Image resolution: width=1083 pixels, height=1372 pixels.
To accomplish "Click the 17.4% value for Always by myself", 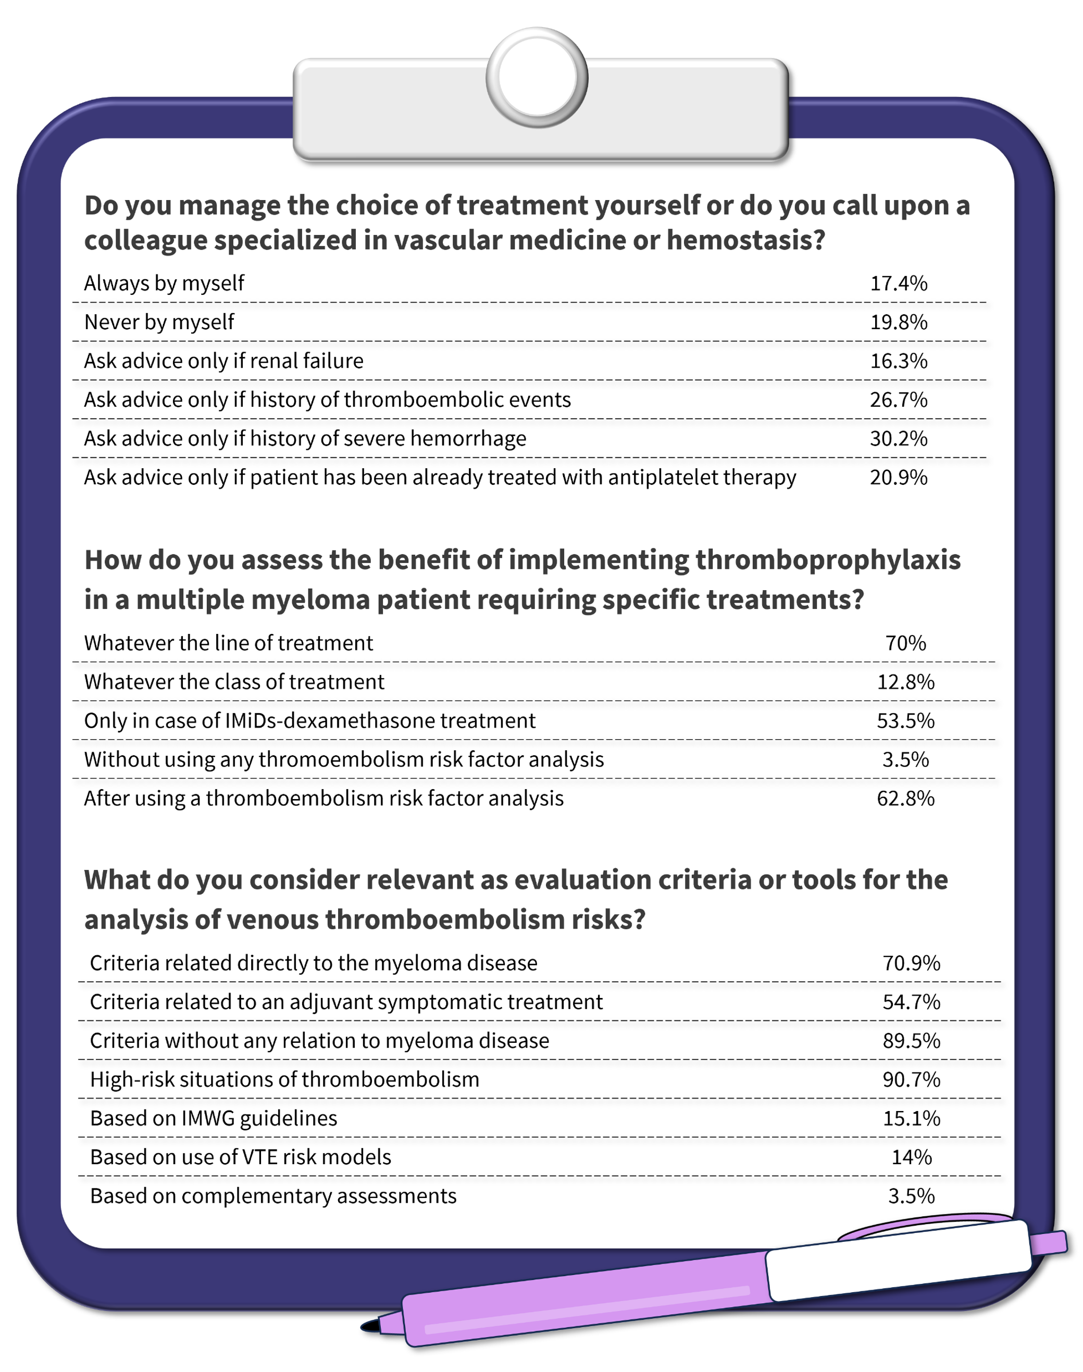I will [898, 283].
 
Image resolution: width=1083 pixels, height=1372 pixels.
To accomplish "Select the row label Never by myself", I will [159, 322].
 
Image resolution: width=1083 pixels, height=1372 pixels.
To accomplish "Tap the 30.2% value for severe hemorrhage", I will [898, 439].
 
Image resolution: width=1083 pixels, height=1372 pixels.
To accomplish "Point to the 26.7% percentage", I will [898, 400].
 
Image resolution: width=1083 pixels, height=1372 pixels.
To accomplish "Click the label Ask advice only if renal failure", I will [224, 361].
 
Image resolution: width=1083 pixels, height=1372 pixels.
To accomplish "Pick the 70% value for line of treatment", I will [905, 643].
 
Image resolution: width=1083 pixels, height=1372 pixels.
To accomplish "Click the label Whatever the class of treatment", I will [234, 682].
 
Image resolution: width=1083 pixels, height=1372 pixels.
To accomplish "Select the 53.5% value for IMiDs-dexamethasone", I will [905, 721].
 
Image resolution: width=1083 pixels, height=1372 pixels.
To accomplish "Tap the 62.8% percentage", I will [905, 798].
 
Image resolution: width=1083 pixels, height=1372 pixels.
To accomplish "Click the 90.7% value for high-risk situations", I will [911, 1080].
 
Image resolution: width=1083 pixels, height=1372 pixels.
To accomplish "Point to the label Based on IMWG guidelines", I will [214, 1118].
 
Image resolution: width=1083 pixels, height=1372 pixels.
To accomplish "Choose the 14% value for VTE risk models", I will [911, 1158].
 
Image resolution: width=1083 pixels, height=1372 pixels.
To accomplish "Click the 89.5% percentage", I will [911, 1041].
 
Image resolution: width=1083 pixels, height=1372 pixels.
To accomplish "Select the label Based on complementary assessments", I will [273, 1196].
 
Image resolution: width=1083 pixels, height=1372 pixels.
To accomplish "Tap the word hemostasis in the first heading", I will [745, 240].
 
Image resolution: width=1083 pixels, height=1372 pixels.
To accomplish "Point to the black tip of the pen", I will [370, 1326].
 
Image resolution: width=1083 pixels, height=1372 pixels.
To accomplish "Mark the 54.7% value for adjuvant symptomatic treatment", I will [911, 1002].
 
